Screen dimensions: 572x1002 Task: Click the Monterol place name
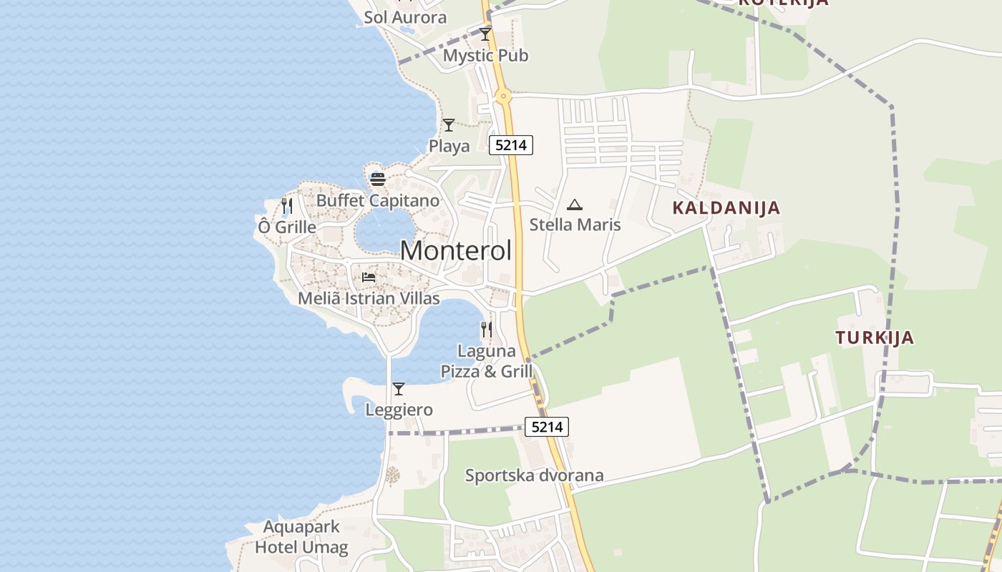tap(456, 251)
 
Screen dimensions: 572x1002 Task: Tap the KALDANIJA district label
tap(726, 208)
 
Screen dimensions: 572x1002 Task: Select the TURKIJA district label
tap(875, 337)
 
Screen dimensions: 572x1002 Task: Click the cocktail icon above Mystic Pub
tap(485, 34)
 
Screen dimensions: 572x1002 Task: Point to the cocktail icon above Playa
tap(449, 125)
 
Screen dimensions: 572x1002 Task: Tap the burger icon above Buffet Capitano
tap(378, 179)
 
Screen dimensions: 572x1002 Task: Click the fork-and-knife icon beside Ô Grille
tap(287, 206)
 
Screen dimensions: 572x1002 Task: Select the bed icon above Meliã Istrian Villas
tap(369, 277)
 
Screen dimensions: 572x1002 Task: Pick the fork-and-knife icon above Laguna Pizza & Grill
tap(487, 329)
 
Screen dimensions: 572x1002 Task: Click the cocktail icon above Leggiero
tap(399, 389)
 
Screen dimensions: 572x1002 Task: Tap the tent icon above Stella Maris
tap(575, 205)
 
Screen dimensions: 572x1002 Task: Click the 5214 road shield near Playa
tap(511, 145)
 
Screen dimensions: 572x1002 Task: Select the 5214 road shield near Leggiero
tap(547, 427)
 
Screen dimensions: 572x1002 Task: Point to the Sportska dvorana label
tap(534, 475)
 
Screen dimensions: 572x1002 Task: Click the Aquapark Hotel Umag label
tap(301, 538)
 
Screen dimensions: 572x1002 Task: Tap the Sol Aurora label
tap(405, 17)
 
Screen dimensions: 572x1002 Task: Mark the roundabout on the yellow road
tap(504, 95)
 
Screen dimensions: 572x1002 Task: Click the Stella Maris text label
tap(575, 225)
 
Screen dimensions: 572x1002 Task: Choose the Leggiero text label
tap(399, 410)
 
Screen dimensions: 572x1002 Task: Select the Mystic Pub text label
tap(485, 55)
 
